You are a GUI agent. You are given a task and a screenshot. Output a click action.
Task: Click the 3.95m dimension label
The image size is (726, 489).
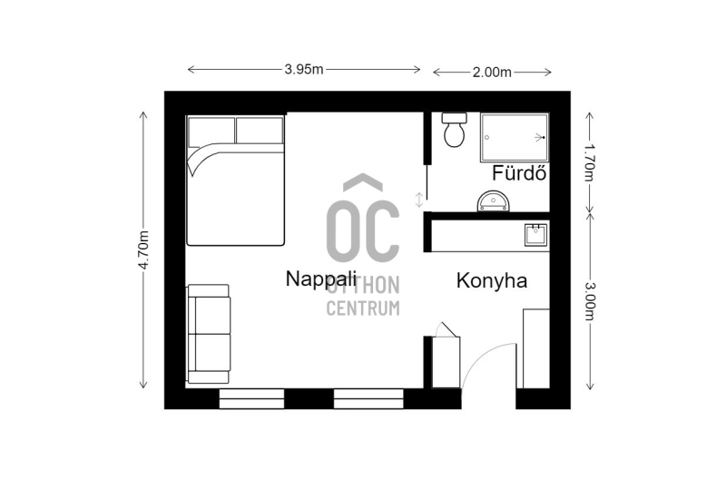304,70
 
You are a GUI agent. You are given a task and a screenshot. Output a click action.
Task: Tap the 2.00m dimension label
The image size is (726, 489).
492,73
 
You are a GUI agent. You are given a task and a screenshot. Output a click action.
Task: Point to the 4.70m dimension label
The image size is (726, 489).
143,250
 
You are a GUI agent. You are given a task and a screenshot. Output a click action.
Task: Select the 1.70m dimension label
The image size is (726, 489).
589,162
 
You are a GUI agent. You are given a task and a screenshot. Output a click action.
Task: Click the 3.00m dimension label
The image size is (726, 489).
589,301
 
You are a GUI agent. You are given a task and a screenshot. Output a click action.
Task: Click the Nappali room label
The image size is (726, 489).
321,279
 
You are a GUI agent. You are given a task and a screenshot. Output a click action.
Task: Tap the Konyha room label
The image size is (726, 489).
492,280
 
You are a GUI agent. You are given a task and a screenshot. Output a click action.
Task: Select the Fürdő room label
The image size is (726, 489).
519,173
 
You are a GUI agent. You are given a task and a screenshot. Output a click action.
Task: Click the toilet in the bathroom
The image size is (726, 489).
455,130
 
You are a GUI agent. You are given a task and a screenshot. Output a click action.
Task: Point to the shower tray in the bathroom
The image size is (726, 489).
515,138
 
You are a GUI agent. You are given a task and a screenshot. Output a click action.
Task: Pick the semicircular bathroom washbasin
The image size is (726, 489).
493,201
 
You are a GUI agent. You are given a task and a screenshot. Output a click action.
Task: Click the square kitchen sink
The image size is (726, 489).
535,235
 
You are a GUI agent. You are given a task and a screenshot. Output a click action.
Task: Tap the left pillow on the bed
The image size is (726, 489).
211,132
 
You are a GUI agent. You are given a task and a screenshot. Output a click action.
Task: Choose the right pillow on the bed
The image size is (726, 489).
260,130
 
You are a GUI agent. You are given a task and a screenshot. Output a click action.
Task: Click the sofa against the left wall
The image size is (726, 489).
209,334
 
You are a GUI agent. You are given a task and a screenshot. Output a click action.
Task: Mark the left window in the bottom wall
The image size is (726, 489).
251,398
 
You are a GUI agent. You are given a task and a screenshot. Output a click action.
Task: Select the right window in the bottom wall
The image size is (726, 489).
368,398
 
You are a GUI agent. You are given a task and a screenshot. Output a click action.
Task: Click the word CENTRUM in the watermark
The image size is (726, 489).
363,308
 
